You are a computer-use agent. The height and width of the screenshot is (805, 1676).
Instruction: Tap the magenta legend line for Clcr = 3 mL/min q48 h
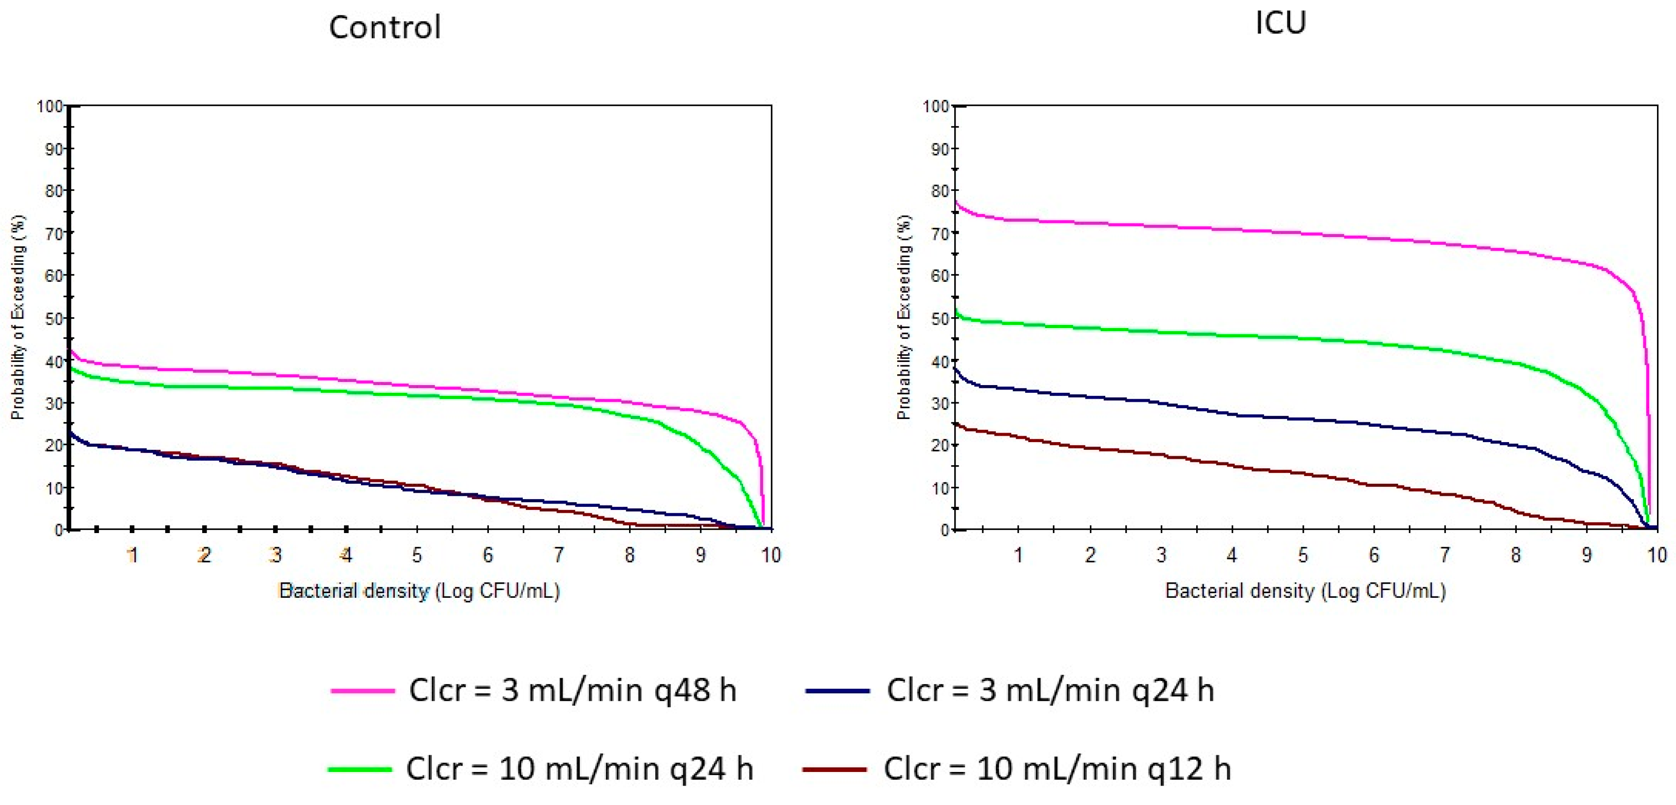(x=362, y=691)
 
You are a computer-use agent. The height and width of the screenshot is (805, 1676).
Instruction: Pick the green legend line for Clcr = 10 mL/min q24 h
(x=360, y=769)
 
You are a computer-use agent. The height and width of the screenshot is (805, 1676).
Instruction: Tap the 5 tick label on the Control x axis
(x=417, y=555)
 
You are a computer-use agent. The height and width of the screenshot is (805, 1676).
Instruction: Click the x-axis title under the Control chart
(x=419, y=591)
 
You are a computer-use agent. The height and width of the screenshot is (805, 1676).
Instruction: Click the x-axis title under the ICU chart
(x=1305, y=591)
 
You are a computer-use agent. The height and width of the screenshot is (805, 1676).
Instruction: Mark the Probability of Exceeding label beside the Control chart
(x=18, y=318)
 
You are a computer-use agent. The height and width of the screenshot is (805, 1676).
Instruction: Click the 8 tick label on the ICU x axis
(x=1515, y=555)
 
